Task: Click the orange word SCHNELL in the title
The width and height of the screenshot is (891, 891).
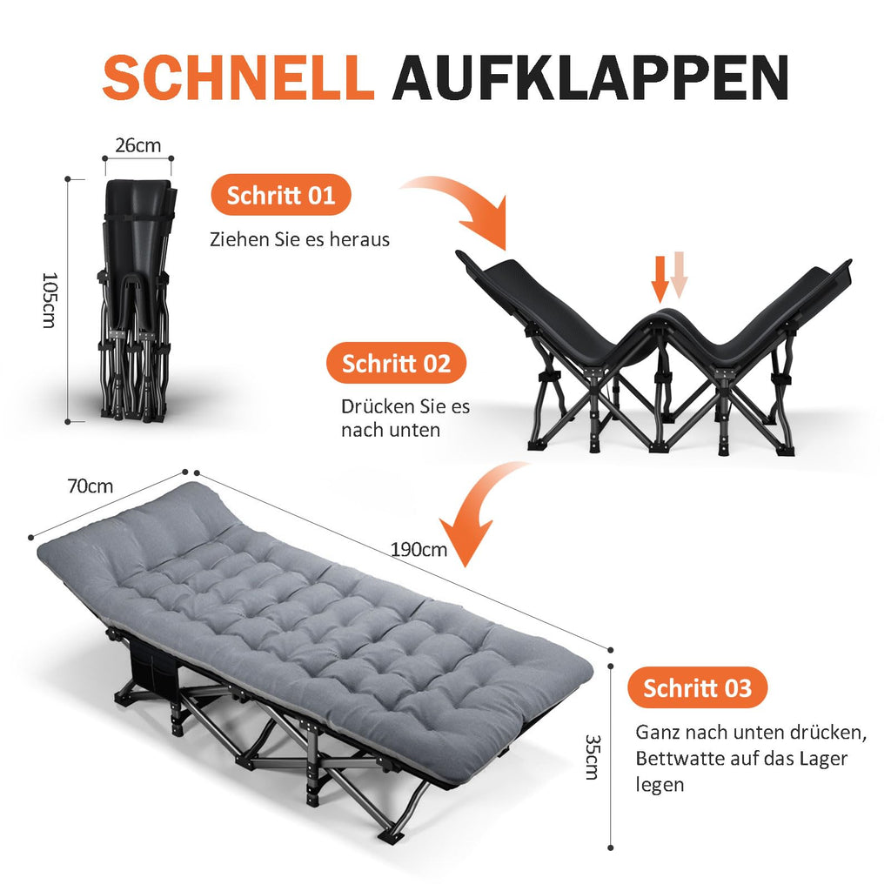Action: (238, 77)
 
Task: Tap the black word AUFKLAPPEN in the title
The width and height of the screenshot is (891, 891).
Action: (591, 77)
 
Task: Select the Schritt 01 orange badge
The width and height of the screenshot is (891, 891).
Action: (281, 195)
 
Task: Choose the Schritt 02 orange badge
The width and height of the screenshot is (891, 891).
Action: (396, 363)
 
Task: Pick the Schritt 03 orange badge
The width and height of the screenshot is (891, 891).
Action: (697, 687)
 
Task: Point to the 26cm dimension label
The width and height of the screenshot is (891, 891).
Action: (138, 145)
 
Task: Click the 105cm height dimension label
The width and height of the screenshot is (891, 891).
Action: (50, 300)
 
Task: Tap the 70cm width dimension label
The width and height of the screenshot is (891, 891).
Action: (90, 486)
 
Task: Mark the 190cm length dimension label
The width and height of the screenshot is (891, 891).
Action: (419, 550)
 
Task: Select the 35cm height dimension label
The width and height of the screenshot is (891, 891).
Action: (593, 757)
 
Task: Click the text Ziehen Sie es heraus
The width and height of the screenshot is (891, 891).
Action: (299, 239)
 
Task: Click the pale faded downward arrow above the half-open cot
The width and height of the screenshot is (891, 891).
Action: (679, 275)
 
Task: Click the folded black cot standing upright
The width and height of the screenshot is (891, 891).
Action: (136, 300)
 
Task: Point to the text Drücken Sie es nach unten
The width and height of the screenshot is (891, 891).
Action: (405, 419)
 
